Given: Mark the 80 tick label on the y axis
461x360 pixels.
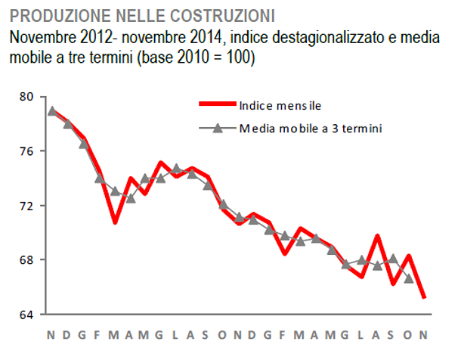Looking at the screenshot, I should click(26, 97).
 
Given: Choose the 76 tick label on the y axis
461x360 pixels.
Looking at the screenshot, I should click(26, 151).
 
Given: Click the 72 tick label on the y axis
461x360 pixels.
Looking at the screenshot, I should click(26, 206).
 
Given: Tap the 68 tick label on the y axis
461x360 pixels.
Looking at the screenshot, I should click(26, 260).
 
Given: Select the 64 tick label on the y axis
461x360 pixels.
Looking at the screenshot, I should click(26, 315).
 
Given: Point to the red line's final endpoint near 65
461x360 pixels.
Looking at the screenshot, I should click(424, 297).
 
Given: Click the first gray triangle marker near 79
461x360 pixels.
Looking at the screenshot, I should click(51, 110).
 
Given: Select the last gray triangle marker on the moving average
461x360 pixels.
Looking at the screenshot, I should click(409, 278).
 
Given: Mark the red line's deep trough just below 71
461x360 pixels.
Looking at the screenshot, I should click(115, 222).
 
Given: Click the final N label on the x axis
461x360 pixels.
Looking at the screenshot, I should click(425, 334).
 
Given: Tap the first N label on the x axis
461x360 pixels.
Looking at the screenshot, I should click(51, 334).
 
